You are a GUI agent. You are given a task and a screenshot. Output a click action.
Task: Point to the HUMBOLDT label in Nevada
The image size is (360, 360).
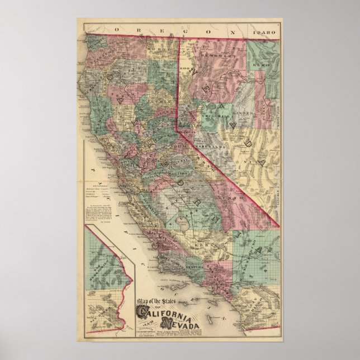(x=214, y=56)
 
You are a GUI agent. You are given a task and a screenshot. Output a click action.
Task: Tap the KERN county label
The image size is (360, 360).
(x=202, y=244)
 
